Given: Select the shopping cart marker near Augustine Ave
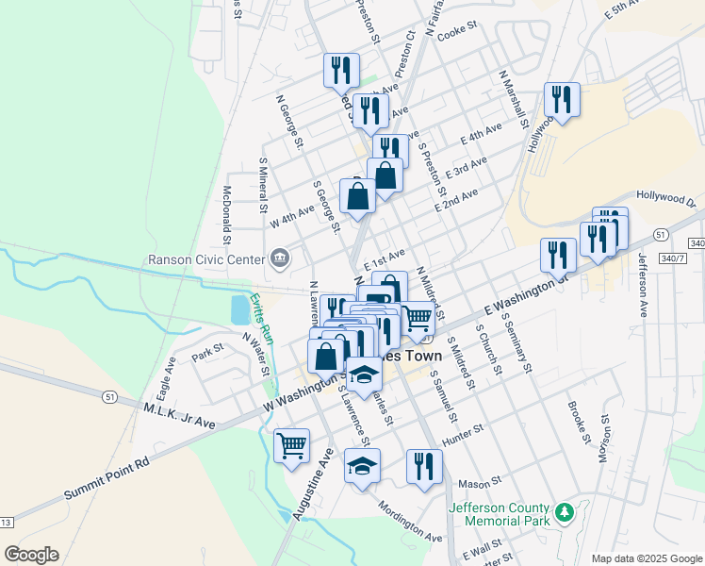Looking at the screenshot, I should (291, 444).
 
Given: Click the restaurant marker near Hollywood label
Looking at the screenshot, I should (562, 99).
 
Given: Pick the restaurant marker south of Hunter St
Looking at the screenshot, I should (424, 466).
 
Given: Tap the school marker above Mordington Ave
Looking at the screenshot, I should (362, 466).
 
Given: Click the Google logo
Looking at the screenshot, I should (31, 555).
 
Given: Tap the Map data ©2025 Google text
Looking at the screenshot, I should (646, 558).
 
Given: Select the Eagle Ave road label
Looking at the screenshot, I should (166, 375).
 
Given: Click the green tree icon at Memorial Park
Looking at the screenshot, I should (565, 513).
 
